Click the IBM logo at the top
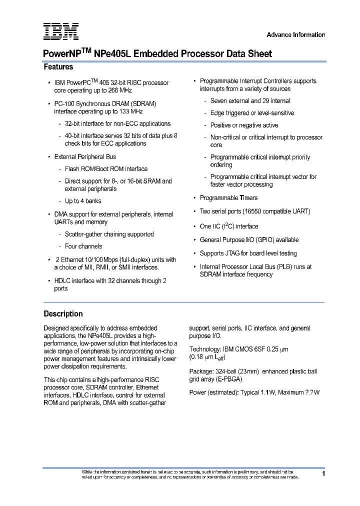60,31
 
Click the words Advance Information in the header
295,35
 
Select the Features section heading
58,67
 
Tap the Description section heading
63,314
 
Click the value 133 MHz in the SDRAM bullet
130,111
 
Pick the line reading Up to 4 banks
83,201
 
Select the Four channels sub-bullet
83,246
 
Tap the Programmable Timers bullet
229,198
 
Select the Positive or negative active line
244,125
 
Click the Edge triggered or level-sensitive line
252,113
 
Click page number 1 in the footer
323,473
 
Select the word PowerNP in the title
62,54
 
